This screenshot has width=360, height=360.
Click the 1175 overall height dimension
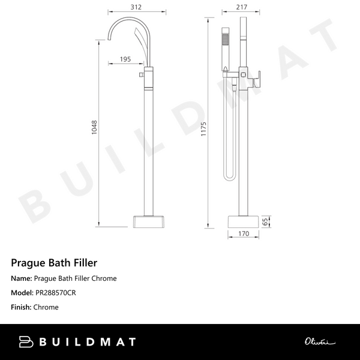tap(203, 128)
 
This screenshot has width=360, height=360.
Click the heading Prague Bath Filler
tap(54, 262)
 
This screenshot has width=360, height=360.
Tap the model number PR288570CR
tap(55, 293)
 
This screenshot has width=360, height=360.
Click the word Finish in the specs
tap(20, 307)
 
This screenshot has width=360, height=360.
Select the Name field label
tap(21, 278)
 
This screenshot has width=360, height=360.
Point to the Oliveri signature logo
tap(318, 342)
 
